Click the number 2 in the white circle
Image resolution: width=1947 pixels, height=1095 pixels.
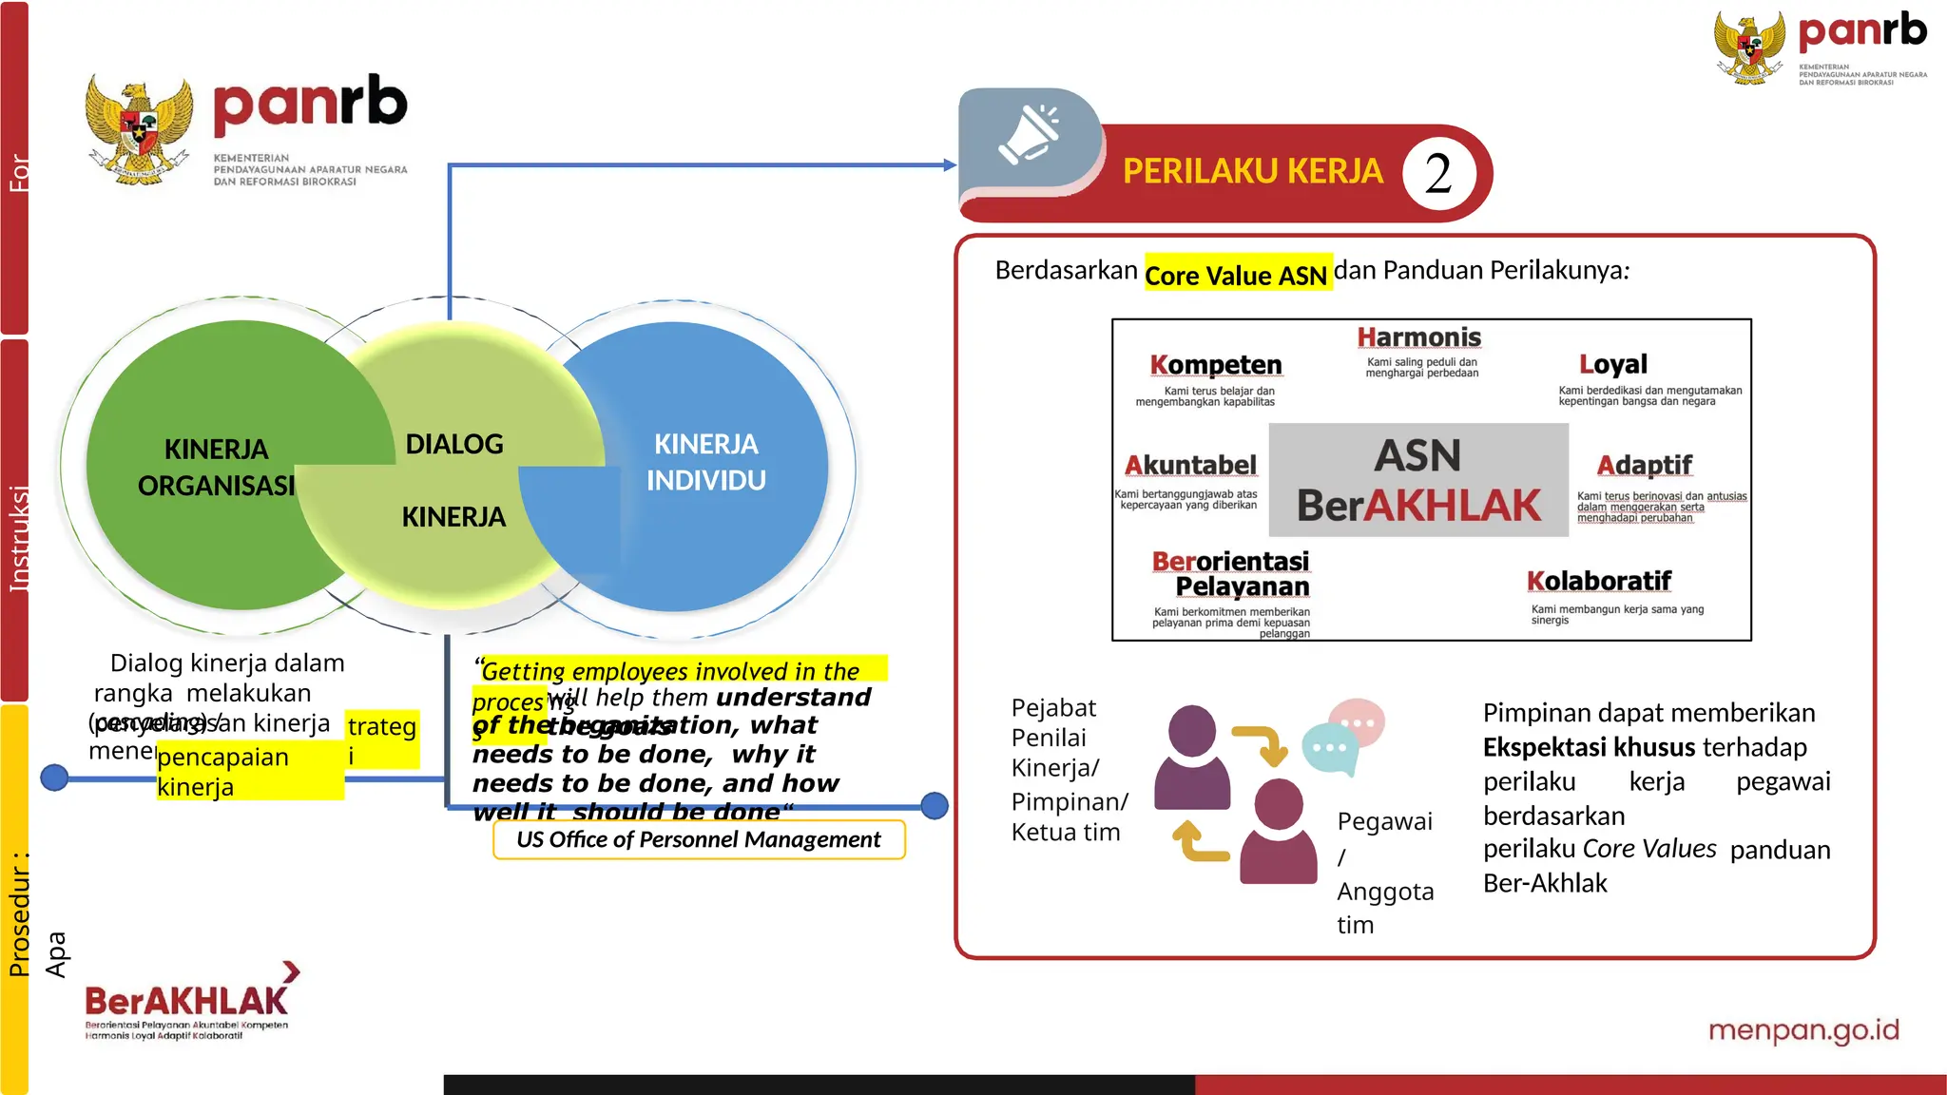click(x=1438, y=174)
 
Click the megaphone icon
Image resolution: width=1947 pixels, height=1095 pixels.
click(x=1028, y=135)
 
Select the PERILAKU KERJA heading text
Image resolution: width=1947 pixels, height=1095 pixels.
click(x=1252, y=172)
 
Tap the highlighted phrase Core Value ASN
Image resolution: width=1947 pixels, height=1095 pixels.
click(x=1236, y=276)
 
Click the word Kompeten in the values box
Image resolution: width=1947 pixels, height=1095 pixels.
click(x=1215, y=365)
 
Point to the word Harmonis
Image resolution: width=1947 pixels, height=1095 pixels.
click(x=1418, y=337)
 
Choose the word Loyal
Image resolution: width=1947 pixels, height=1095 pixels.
click(x=1612, y=364)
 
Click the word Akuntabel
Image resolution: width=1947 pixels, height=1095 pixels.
click(x=1190, y=466)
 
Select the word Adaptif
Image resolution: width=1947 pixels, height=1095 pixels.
click(x=1644, y=466)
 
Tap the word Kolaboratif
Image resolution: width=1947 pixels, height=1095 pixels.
click(x=1598, y=581)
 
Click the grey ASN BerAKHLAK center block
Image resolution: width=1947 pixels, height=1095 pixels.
click(x=1417, y=481)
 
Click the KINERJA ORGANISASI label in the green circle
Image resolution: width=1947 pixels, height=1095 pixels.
click(x=217, y=467)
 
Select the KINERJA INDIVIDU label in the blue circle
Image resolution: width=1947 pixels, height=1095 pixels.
click(x=705, y=462)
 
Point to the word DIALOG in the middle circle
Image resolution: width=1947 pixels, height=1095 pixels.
click(x=454, y=444)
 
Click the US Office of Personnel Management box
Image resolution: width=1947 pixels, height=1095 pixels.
click(x=699, y=839)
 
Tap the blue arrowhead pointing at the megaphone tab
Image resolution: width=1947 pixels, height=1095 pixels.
click(x=949, y=165)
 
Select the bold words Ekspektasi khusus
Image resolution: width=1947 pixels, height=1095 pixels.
click(x=1589, y=747)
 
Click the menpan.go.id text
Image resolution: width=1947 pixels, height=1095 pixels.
click(x=1802, y=1030)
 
